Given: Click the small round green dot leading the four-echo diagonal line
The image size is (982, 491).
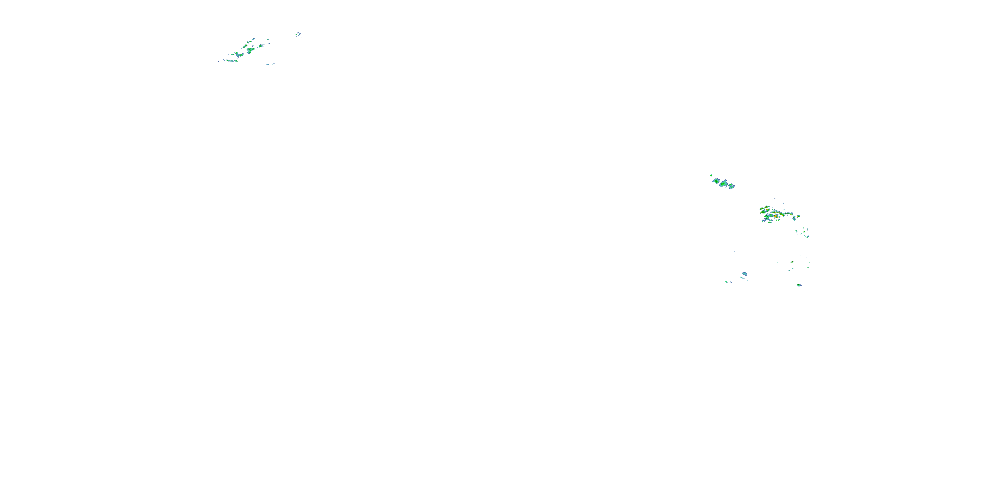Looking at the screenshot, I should tap(711, 175).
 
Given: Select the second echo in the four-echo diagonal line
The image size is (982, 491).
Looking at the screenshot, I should tap(716, 181).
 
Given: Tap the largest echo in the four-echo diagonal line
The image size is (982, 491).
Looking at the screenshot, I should tap(723, 184).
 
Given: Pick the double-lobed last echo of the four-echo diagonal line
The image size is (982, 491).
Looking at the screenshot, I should tap(732, 186).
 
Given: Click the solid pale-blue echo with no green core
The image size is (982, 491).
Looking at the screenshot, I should tap(744, 274).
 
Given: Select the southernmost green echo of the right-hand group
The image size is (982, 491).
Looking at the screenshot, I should tap(799, 285).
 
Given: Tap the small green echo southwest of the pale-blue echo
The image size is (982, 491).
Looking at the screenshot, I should tap(726, 282).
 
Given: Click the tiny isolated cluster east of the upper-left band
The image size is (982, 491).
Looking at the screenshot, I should tap(298, 35).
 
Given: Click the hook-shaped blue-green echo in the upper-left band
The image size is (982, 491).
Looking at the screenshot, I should tap(239, 55).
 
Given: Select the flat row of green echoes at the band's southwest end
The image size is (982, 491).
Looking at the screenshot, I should tap(231, 61).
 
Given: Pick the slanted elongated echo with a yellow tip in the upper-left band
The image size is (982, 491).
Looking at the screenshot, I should tap(245, 46).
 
